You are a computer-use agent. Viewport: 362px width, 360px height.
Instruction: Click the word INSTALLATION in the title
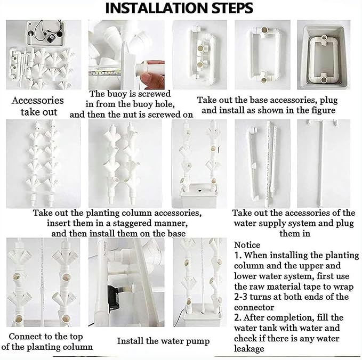tap(157, 8)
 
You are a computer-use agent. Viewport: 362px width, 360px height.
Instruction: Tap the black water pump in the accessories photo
tap(51, 38)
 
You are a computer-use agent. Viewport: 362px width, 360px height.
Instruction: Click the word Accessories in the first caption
tap(38, 101)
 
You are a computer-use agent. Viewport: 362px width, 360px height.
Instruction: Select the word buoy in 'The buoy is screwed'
tap(117, 94)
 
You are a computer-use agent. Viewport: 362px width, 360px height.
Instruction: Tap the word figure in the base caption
tap(324, 110)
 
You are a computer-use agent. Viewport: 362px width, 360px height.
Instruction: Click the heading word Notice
tap(247, 244)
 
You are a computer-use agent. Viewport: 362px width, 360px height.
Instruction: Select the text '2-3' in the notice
tap(241, 297)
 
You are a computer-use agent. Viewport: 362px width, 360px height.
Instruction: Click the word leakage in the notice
tap(249, 349)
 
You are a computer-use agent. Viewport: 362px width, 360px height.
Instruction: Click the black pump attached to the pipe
tap(114, 297)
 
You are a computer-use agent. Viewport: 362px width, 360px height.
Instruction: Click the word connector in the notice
tap(254, 307)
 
